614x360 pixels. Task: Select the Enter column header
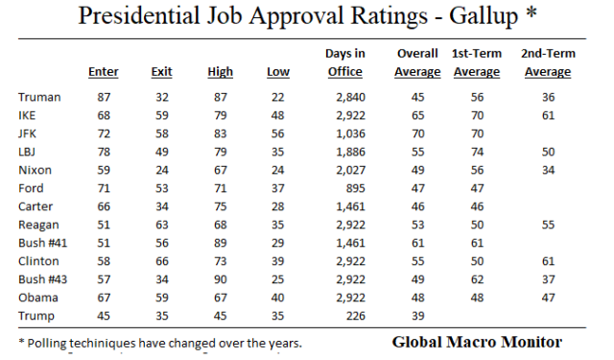[103, 72]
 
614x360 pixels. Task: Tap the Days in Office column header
[344, 63]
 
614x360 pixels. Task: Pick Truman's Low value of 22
[277, 97]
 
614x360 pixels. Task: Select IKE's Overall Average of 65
[417, 115]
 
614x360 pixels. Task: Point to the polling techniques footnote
[157, 343]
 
